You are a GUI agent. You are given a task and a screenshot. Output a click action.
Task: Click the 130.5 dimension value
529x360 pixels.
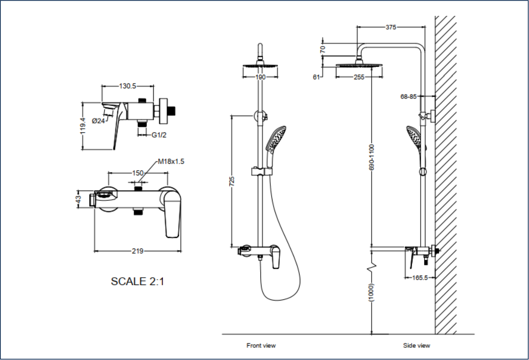pos(127,86)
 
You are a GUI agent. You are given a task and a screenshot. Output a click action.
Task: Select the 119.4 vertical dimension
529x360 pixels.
pos(83,126)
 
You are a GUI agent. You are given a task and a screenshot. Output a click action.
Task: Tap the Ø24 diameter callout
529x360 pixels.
pos(98,121)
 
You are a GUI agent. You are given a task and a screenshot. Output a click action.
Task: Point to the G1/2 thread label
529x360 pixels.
pos(159,135)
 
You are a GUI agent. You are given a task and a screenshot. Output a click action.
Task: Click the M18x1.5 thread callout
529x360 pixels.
pos(171,161)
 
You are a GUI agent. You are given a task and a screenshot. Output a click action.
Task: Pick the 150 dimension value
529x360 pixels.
pos(137,173)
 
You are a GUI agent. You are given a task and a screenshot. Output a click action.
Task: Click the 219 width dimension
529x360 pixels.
pos(137,251)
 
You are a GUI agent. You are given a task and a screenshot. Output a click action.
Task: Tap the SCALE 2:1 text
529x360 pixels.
pos(137,281)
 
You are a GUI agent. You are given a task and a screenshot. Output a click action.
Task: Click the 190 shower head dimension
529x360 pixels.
pos(260,77)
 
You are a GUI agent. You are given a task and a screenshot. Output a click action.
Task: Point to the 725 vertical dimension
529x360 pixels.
pos(232,181)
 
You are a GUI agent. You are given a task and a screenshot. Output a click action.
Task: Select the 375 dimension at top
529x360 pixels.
pos(390,27)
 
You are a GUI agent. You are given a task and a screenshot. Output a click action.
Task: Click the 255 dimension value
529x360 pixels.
pos(359,77)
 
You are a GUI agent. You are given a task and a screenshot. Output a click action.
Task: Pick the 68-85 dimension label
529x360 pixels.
pos(408,96)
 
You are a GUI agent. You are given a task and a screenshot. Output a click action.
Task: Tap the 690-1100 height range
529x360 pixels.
pos(372,157)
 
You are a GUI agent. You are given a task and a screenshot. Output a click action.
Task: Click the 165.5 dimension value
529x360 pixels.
pos(420,277)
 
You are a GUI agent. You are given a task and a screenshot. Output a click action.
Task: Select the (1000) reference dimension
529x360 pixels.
pos(372,292)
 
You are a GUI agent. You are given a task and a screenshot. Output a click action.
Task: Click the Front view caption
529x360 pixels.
pos(261,345)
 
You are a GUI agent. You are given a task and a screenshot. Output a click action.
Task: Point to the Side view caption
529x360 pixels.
pos(416,345)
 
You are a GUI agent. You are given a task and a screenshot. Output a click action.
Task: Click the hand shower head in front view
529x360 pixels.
pos(276,138)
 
